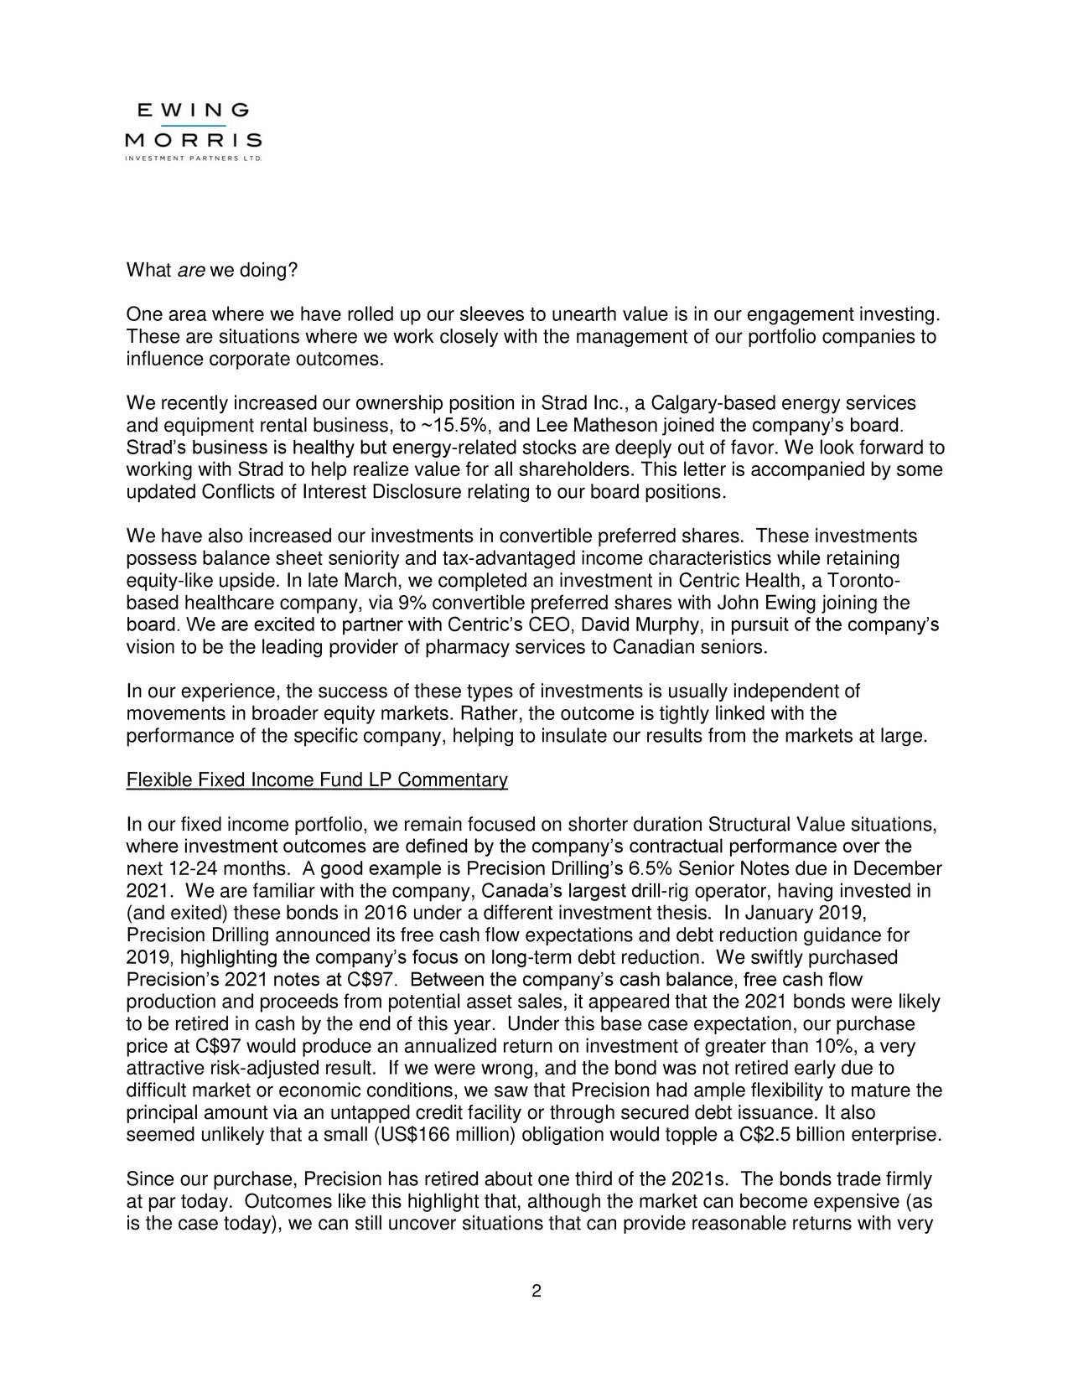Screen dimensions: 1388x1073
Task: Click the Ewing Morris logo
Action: [194, 132]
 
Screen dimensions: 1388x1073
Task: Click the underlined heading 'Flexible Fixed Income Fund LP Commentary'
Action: [317, 782]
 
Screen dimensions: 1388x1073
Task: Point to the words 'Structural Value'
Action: [759, 823]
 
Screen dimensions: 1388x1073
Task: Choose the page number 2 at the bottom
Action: [536, 1290]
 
